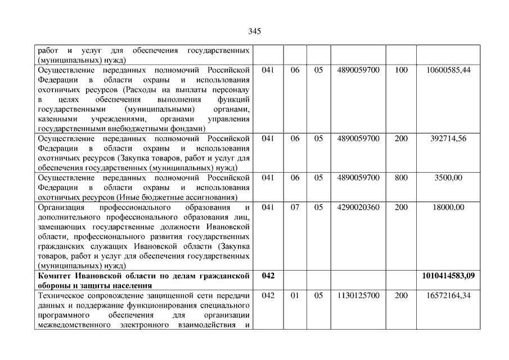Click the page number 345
pos(254,31)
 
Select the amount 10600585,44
pos(448,70)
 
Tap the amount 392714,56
pos(448,138)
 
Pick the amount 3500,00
pos(448,178)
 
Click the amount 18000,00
pos(448,207)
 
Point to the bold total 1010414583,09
pos(448,276)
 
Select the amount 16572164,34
pos(448,295)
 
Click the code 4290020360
pos(358,207)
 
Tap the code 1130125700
pos(358,295)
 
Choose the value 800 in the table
pos(401,178)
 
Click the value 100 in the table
pos(401,70)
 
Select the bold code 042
pos(268,276)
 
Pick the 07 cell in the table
pos(295,207)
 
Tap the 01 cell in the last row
pos(295,295)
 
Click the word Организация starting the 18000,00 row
pos(60,207)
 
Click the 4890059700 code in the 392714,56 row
pos(358,138)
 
